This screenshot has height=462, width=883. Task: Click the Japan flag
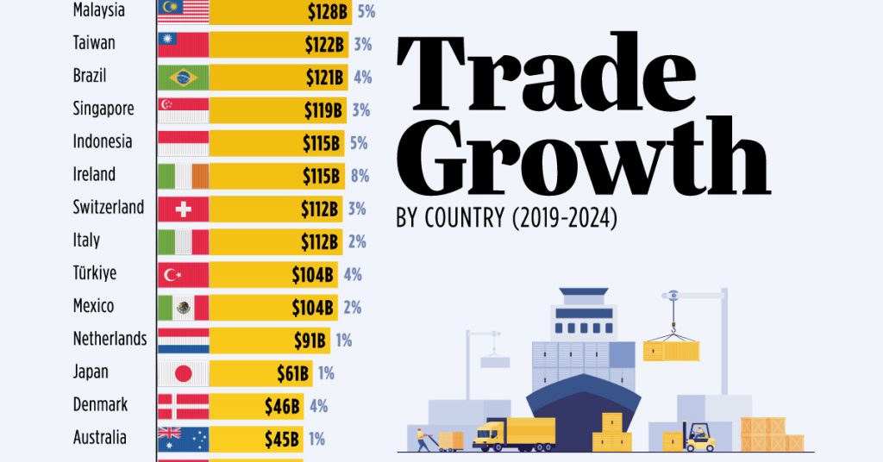[x=183, y=372]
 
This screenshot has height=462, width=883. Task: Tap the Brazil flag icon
[x=183, y=78]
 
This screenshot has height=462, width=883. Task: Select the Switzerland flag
[x=183, y=209]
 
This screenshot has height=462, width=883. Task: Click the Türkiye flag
[x=183, y=274]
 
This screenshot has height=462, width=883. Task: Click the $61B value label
[x=292, y=372]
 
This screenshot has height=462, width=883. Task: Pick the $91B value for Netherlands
[x=308, y=340]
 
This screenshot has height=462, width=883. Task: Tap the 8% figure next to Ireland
[x=360, y=176]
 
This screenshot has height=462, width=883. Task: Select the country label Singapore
[x=103, y=109]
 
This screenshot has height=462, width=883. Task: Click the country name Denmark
[x=100, y=404]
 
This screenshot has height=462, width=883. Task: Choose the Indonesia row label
[x=103, y=142]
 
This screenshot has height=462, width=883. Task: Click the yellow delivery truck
[x=514, y=434]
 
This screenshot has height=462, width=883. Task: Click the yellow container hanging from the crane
[x=671, y=350]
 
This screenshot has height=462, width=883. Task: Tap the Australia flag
[x=183, y=438]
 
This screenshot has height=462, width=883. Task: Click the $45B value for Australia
[x=283, y=438]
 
